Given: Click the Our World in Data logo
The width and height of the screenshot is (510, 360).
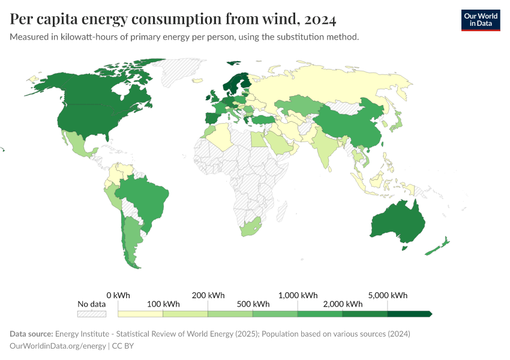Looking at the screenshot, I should (x=480, y=19).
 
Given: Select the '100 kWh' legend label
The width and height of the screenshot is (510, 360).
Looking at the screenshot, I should (x=163, y=304).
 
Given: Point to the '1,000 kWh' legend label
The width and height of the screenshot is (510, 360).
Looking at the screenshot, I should (x=298, y=295).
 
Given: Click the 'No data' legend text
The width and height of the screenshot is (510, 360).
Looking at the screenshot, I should (x=92, y=304).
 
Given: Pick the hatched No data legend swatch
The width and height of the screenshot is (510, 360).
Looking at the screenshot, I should (x=92, y=314).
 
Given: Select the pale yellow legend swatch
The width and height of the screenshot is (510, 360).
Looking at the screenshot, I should (x=140, y=314).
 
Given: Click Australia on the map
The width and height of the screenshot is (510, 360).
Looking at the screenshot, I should (x=397, y=222).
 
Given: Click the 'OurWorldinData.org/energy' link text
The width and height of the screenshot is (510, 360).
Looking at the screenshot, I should (x=57, y=346).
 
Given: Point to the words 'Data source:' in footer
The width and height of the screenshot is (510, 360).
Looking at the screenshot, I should (x=31, y=334).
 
